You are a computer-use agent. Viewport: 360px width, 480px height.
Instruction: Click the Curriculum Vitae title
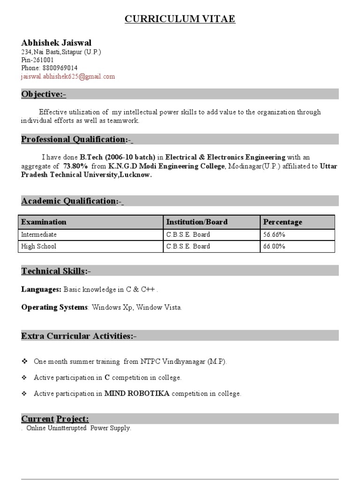pyautogui.click(x=180, y=19)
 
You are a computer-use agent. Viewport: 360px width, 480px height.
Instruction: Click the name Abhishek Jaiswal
pyautogui.click(x=56, y=43)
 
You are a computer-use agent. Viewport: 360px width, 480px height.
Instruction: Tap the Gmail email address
pyautogui.click(x=68, y=76)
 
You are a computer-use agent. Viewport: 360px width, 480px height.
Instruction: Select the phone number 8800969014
pyautogui.click(x=60, y=68)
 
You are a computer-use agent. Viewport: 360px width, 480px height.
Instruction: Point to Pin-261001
pyautogui.click(x=37, y=60)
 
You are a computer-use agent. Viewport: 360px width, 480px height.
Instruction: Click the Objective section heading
pyautogui.click(x=44, y=95)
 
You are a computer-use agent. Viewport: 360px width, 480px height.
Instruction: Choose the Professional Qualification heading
pyautogui.click(x=77, y=139)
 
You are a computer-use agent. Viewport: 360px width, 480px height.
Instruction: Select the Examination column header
pyautogui.click(x=44, y=222)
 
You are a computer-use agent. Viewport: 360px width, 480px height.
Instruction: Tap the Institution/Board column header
pyautogui.click(x=197, y=222)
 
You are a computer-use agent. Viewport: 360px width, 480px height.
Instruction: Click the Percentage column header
pyautogui.click(x=283, y=222)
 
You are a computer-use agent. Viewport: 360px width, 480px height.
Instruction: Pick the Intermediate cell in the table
pyautogui.click(x=39, y=234)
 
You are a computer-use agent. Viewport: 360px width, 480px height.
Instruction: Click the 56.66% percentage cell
pyautogui.click(x=274, y=234)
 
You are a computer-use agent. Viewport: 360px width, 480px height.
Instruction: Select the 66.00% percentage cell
pyautogui.click(x=274, y=246)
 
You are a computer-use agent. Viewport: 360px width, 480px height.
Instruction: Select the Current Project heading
pyautogui.click(x=55, y=419)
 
